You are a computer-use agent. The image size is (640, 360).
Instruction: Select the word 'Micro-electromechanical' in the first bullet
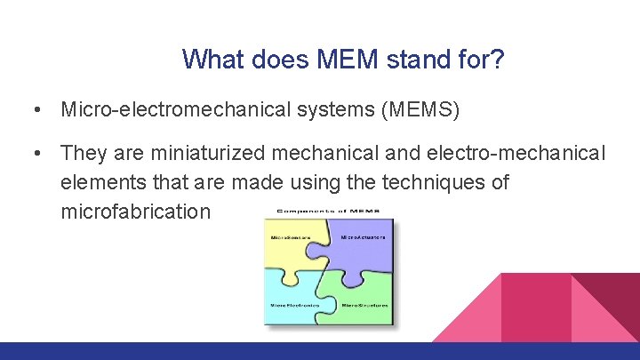(158, 109)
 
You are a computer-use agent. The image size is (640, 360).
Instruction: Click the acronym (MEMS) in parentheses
(408, 109)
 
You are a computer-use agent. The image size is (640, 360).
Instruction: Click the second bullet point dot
(34, 154)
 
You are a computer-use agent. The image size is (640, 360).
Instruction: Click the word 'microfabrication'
(136, 212)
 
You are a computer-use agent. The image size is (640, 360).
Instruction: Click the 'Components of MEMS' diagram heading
(330, 212)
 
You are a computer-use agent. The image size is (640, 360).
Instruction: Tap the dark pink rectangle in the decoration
(536, 307)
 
